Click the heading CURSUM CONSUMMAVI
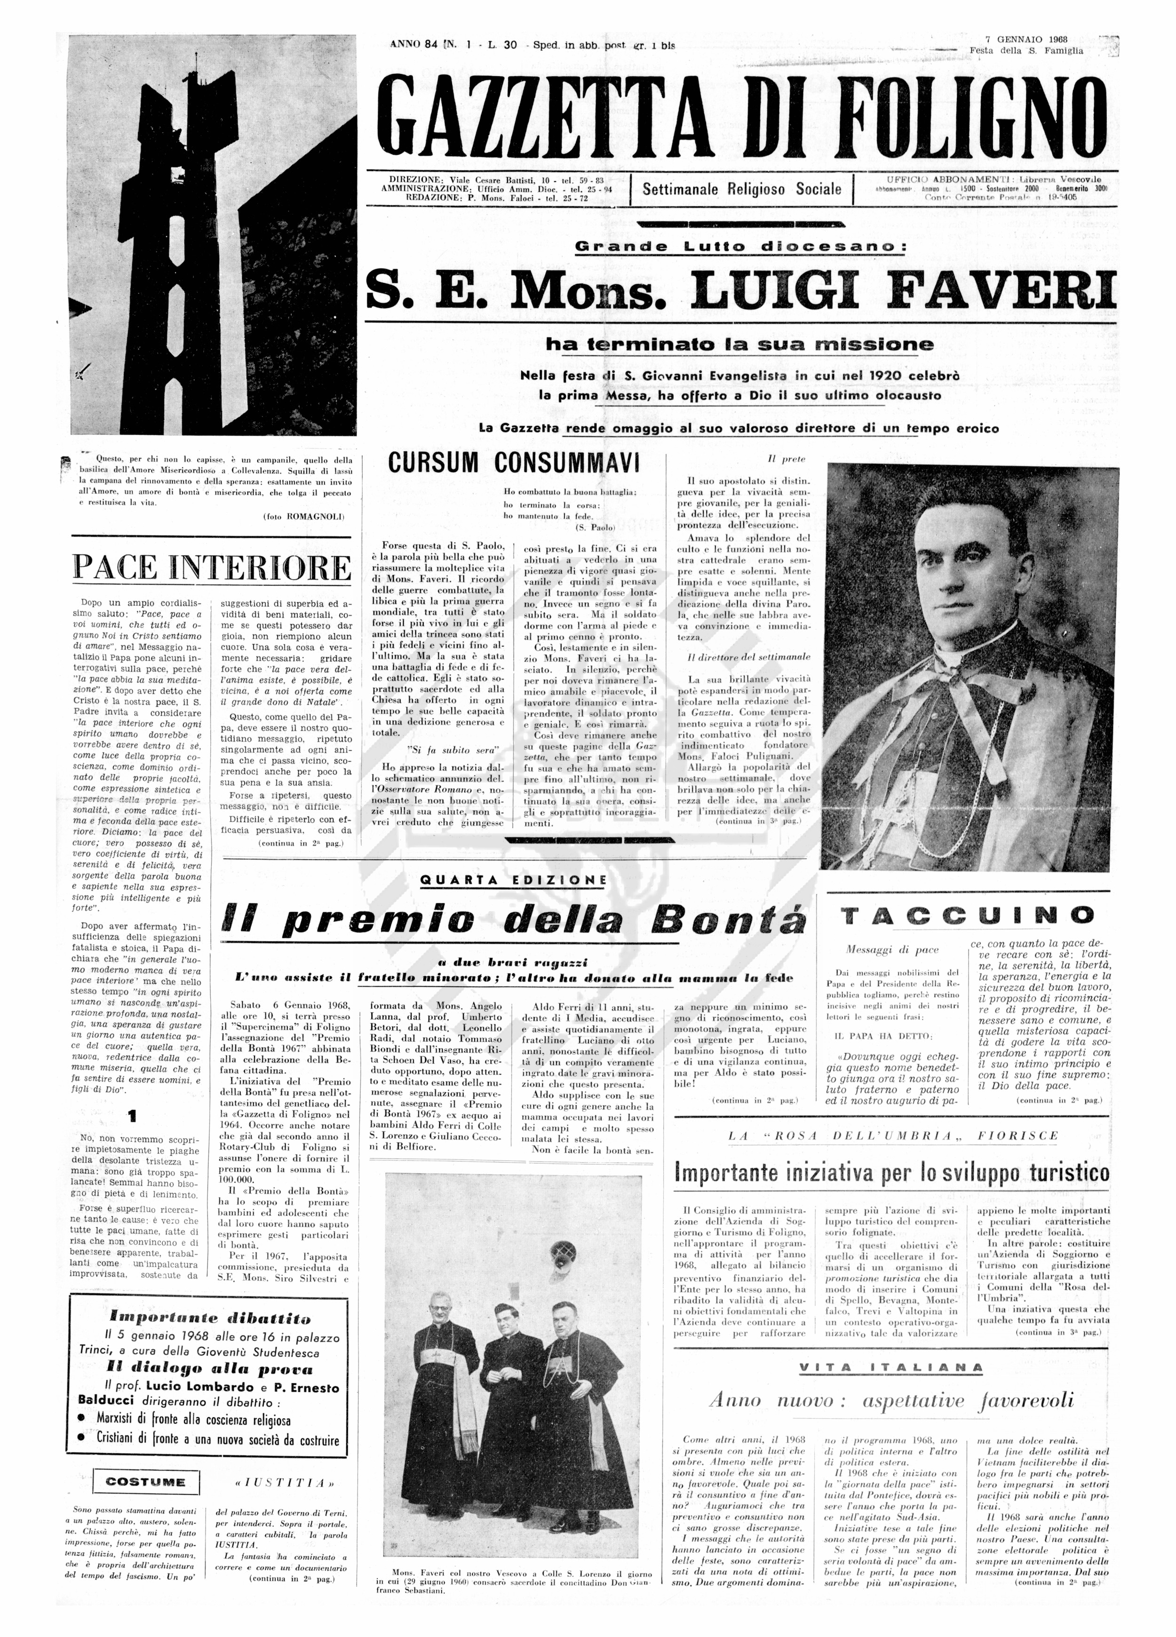[514, 463]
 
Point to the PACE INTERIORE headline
[211, 567]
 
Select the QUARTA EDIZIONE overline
[513, 880]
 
